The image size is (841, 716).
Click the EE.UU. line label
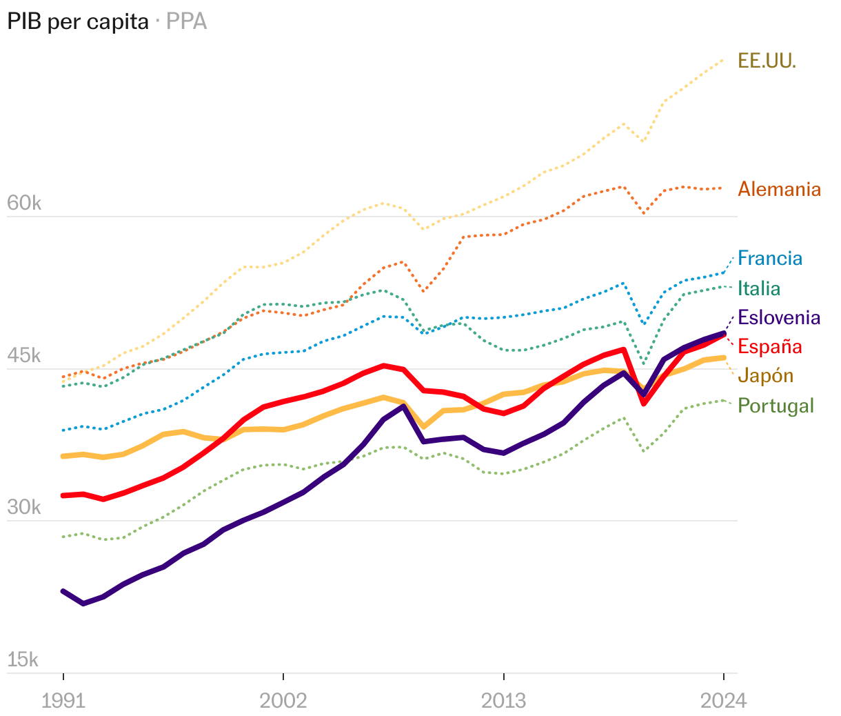coord(767,61)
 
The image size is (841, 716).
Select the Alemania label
coord(779,189)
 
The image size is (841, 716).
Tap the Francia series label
coord(770,259)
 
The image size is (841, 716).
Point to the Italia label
coord(759,288)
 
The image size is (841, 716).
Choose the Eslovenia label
coord(779,317)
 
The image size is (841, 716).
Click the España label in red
coord(770,346)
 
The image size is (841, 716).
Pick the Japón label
coord(765,376)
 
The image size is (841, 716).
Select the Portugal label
coord(776,406)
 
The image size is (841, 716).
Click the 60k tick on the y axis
coord(23,203)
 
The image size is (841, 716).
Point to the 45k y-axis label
coord(23,356)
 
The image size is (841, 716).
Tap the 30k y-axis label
coord(23,508)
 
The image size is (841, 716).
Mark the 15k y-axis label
coord(23,660)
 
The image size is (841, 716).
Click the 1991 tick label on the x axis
coord(63,701)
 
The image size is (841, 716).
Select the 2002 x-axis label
coord(283,701)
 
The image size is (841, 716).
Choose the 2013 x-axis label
coord(503,701)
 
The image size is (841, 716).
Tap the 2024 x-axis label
coord(723,701)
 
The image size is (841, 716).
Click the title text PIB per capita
coord(78,22)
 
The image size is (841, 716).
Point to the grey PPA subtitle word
coord(187,22)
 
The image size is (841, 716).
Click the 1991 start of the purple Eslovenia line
coord(63,591)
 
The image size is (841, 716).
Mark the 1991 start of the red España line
coord(63,495)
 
